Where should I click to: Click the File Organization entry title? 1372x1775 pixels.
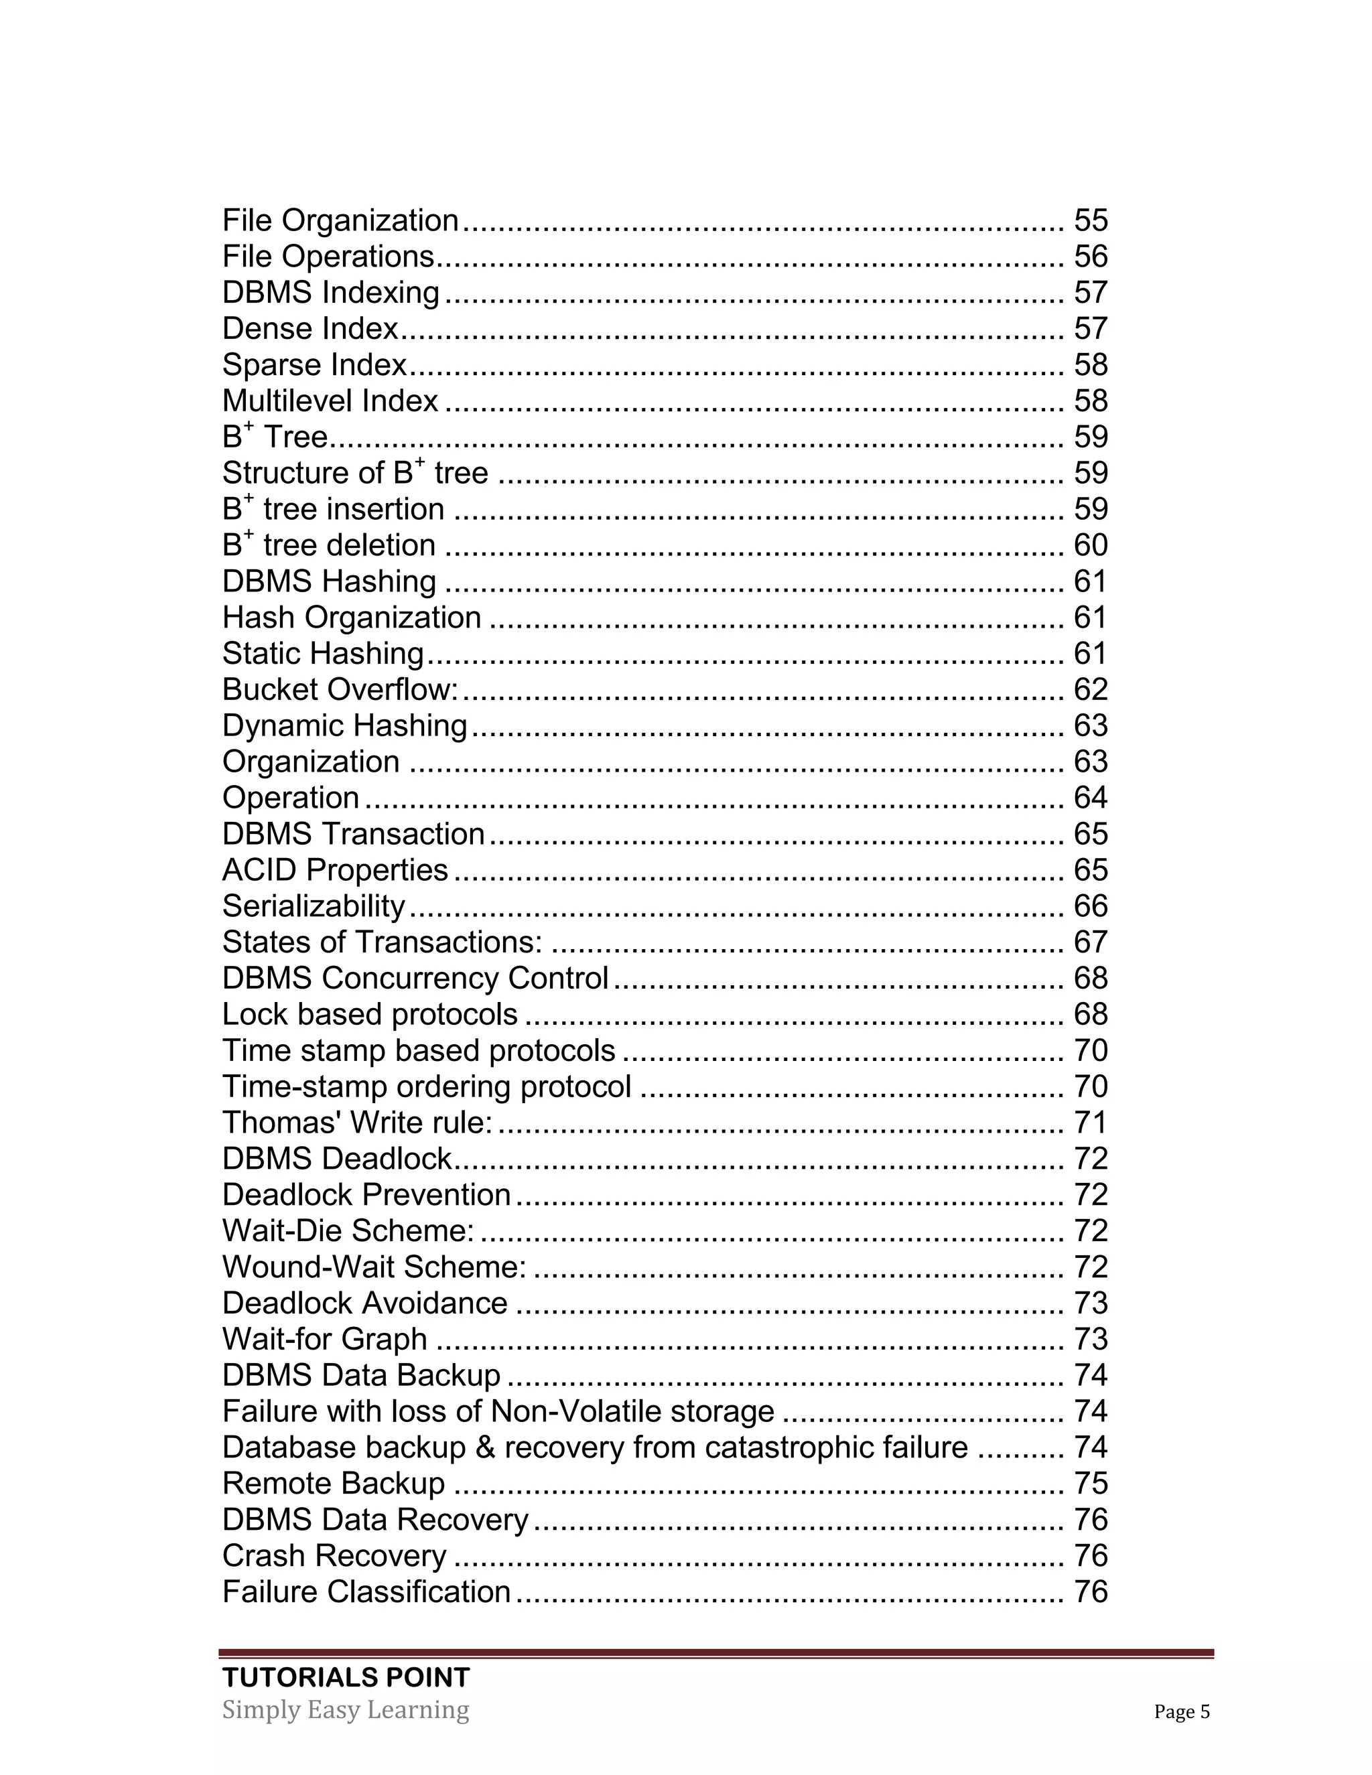[340, 220]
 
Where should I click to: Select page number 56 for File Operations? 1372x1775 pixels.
[1091, 257]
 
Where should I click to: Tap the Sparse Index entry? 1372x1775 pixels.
[314, 365]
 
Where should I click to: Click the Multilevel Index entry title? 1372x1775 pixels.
[330, 401]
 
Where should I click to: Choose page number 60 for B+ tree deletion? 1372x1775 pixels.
[1091, 545]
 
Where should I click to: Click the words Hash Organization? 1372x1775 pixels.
[352, 618]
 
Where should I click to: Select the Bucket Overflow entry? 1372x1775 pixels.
[340, 690]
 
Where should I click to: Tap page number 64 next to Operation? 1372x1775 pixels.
[1091, 798]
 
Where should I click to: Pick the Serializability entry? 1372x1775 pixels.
[314, 906]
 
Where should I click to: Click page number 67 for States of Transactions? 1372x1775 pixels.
[1091, 943]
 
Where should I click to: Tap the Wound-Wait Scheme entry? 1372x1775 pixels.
[374, 1267]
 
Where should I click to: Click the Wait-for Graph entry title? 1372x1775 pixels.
[324, 1340]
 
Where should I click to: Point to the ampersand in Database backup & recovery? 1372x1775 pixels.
[485, 1448]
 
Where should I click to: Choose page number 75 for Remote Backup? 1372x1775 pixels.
[1091, 1484]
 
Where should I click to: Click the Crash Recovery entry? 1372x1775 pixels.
[334, 1557]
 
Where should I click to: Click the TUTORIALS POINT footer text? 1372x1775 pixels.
[346, 1677]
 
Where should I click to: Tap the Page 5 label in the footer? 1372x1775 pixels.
[1181, 1713]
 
